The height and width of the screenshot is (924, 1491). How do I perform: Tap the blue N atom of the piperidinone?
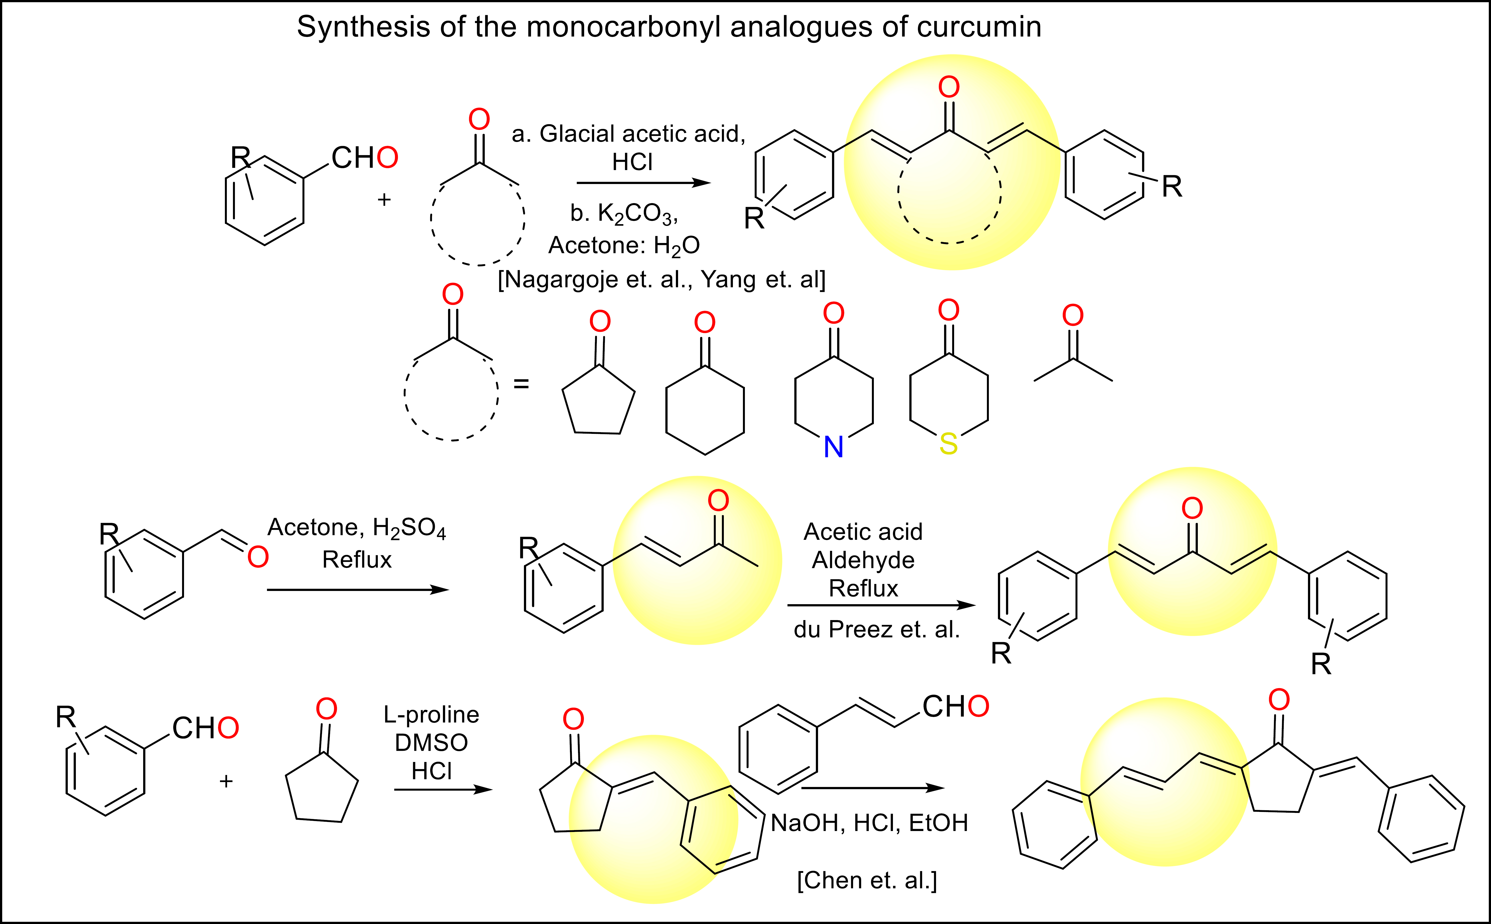pyautogui.click(x=833, y=447)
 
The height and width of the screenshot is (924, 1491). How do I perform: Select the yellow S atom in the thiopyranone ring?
pyautogui.click(x=948, y=444)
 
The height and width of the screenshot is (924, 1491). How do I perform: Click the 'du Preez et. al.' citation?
pyautogui.click(x=876, y=629)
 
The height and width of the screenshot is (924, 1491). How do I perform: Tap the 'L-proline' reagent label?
pyautogui.click(x=431, y=714)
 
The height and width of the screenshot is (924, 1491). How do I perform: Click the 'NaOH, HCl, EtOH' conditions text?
pyautogui.click(x=869, y=823)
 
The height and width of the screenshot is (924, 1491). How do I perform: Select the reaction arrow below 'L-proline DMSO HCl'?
pyautogui.click(x=443, y=790)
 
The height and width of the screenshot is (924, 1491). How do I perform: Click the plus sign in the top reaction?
pyautogui.click(x=384, y=200)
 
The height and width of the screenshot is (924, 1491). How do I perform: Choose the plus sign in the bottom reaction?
pyautogui.click(x=226, y=781)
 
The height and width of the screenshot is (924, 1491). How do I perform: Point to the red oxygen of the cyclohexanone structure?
pyautogui.click(x=705, y=322)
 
